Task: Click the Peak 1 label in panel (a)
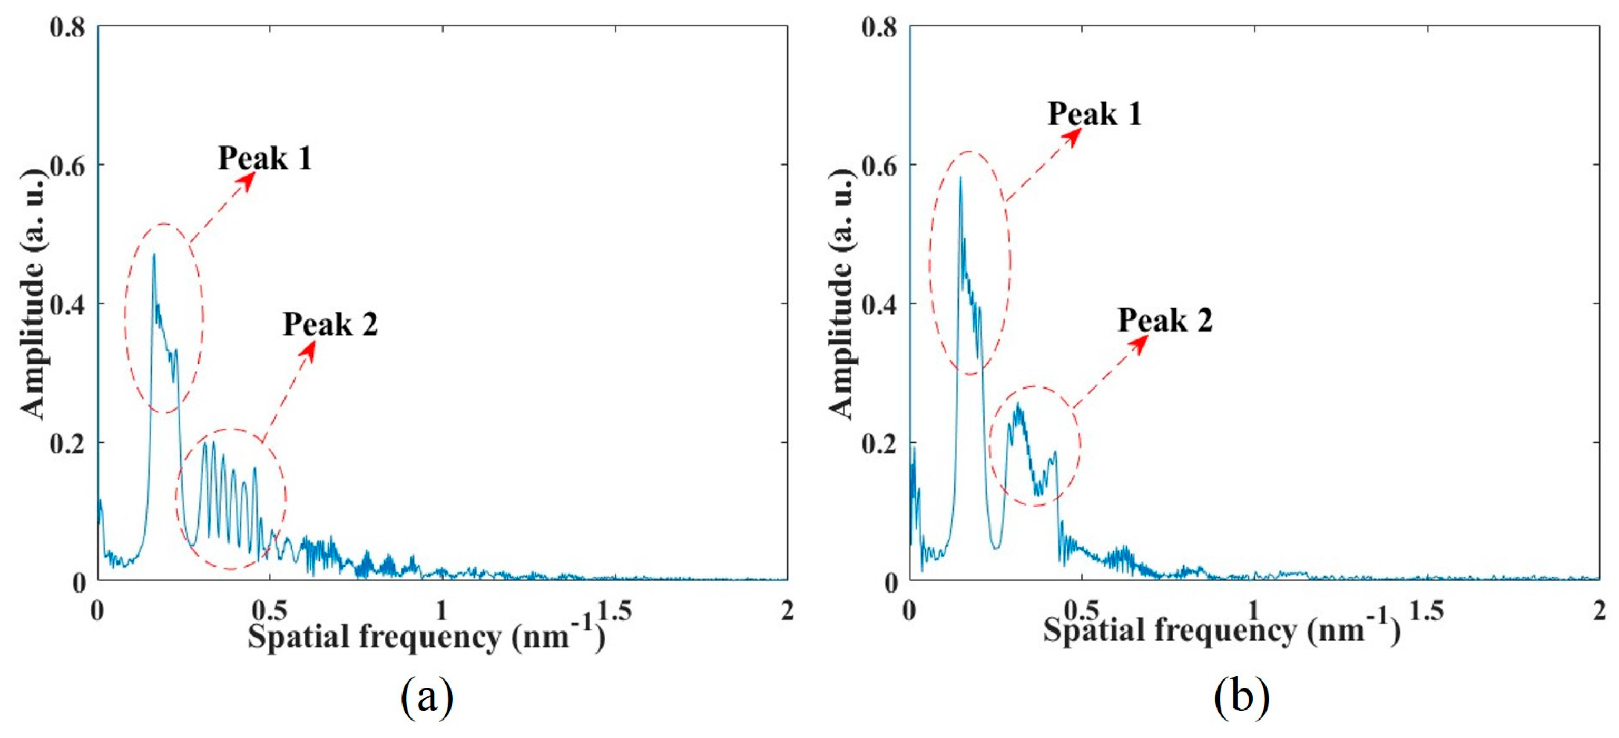(x=264, y=158)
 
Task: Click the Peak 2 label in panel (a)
(x=330, y=324)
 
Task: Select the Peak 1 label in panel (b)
(x=1094, y=114)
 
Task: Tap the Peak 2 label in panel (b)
(x=1165, y=321)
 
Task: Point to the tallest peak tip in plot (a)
(x=154, y=255)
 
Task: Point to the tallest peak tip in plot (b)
(x=960, y=178)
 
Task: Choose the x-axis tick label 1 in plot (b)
(x=1253, y=610)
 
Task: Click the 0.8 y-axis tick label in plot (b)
(x=879, y=27)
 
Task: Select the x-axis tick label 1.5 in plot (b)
(x=1427, y=610)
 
